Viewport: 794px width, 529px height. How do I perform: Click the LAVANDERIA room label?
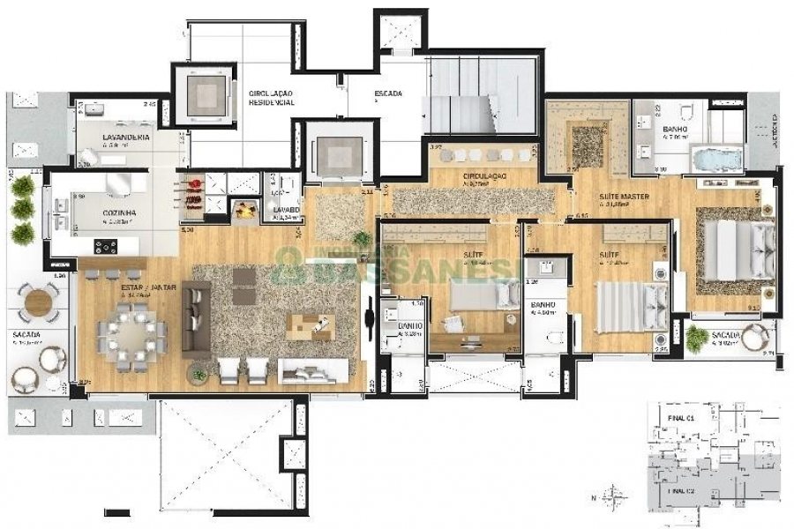tap(125, 138)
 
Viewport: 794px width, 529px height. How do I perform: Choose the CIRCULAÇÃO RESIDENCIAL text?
tap(272, 97)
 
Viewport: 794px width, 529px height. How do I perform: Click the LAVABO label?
tap(286, 210)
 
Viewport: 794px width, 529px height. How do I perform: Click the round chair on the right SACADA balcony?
tap(755, 337)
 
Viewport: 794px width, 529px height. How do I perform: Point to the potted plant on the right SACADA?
tap(697, 337)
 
